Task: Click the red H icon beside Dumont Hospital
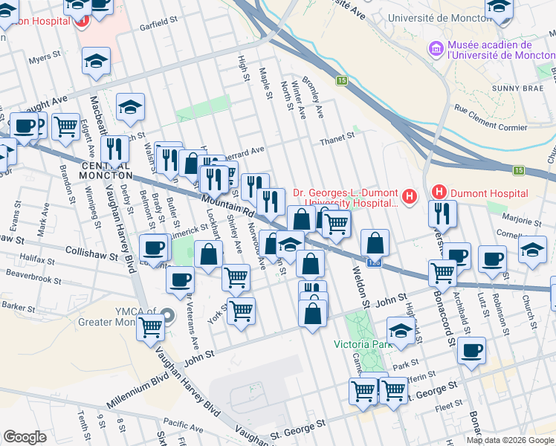pyautogui.click(x=439, y=193)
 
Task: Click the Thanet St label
pyautogui.click(x=334, y=140)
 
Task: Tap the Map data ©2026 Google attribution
pyautogui.click(x=510, y=440)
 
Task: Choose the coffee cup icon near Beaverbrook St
pyautogui.click(x=180, y=281)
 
